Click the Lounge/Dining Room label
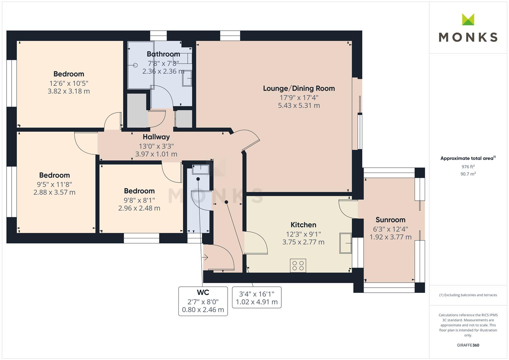click(299, 88)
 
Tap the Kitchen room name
click(303, 225)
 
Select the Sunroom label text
click(390, 220)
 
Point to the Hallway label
click(156, 137)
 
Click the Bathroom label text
click(163, 54)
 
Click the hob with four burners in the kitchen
click(298, 266)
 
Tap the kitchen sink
click(345, 243)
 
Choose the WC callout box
click(203, 301)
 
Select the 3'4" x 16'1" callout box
click(256, 298)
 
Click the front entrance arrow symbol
click(205, 257)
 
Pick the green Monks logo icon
click(468, 19)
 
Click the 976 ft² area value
click(468, 167)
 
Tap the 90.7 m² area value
click(468, 174)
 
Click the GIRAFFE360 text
click(468, 345)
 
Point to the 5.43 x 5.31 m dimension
click(299, 105)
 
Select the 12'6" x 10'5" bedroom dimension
click(69, 83)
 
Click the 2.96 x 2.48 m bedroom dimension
click(139, 208)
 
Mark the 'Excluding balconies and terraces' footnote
click(468, 295)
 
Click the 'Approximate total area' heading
click(468, 158)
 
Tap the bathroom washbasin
click(187, 79)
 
